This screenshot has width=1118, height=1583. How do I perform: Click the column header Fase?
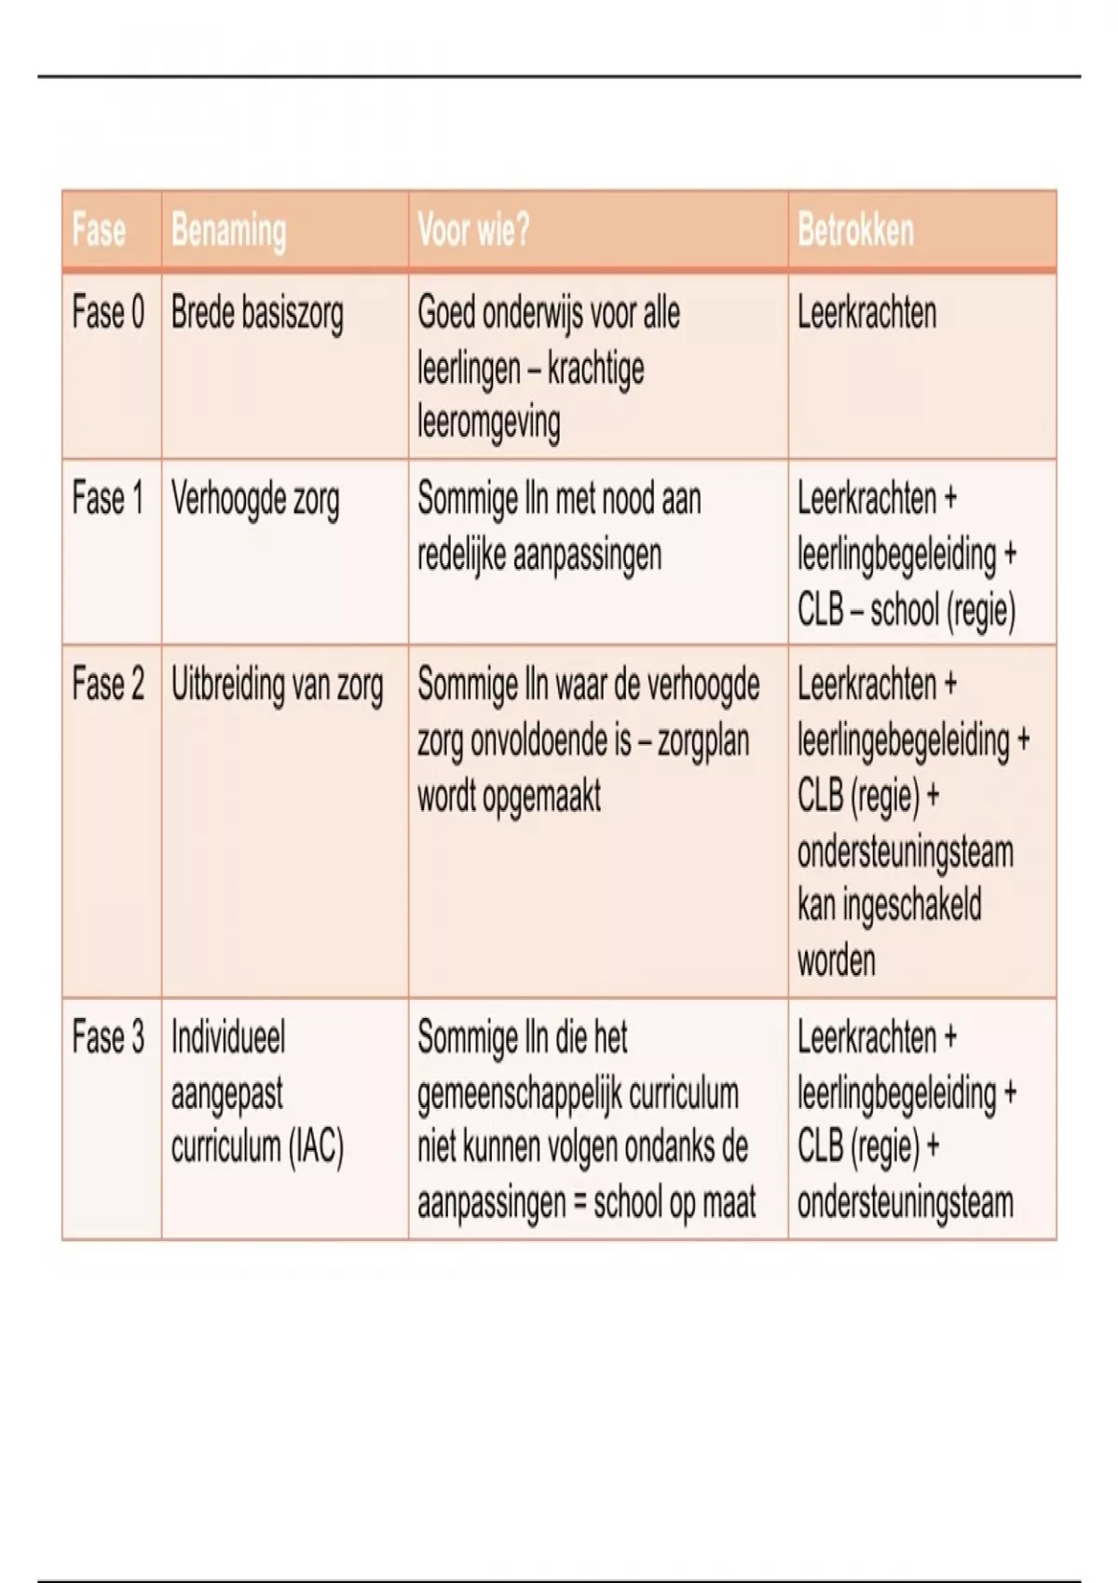coord(99,230)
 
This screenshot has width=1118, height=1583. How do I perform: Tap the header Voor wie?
coord(473,230)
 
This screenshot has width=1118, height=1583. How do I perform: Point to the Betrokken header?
coord(855,230)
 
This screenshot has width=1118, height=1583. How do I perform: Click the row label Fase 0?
coord(108,313)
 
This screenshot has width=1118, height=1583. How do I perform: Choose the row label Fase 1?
coord(108,499)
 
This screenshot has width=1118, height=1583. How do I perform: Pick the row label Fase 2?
coord(108,684)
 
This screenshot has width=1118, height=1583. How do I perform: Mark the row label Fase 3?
coord(108,1037)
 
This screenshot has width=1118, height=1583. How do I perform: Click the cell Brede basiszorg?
coord(257,314)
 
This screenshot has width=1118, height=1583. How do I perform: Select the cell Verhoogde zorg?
coord(255,500)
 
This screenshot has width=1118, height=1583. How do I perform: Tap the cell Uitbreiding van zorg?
coord(277,685)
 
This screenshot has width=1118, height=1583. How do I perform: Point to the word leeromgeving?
coord(488,423)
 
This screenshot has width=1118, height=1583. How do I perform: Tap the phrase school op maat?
coord(675,1203)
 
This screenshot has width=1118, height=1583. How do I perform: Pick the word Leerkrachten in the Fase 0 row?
coord(866,313)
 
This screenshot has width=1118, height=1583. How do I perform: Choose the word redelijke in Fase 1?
coord(460,555)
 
